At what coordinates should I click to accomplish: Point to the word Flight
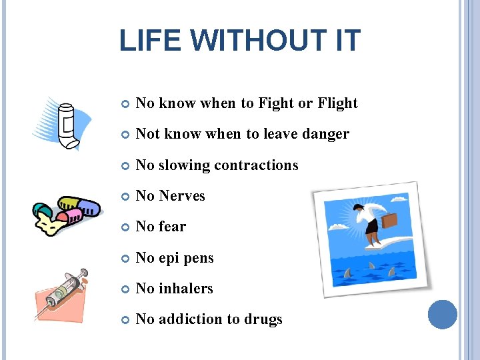(x=337, y=103)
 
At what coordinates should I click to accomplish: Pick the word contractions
(x=257, y=165)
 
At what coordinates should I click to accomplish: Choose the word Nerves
(x=182, y=196)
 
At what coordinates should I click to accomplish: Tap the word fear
(x=173, y=227)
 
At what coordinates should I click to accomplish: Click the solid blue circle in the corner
(x=442, y=315)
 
